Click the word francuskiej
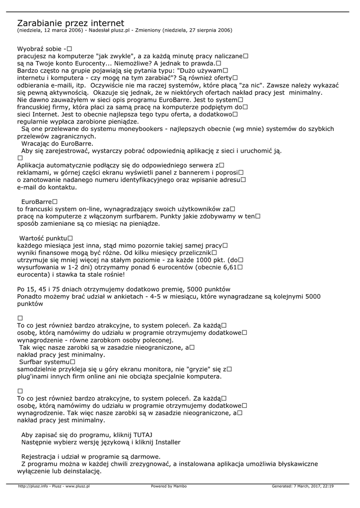[x=36, y=107]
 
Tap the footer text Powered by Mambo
[x=169, y=486]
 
